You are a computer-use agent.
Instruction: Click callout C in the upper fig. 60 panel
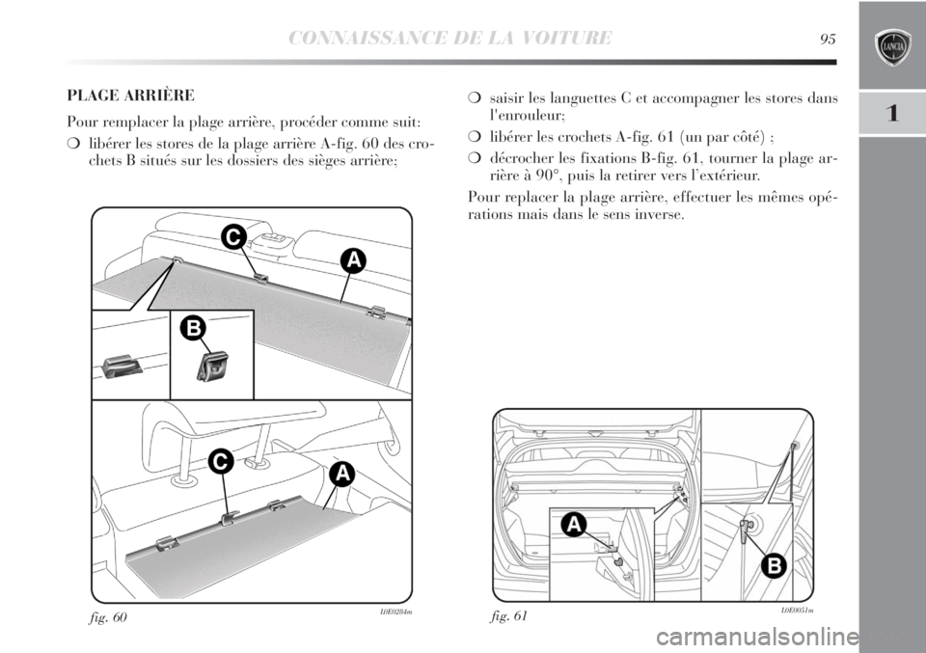pyautogui.click(x=231, y=236)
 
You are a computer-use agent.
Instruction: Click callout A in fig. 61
pyautogui.click(x=573, y=525)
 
